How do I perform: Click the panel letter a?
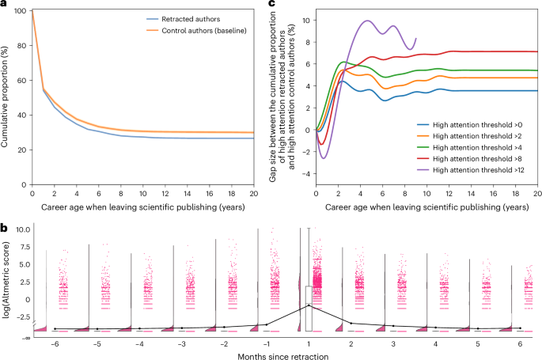4,5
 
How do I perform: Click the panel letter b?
4,227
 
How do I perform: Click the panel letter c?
273,5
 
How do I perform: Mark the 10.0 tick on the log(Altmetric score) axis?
23,229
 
